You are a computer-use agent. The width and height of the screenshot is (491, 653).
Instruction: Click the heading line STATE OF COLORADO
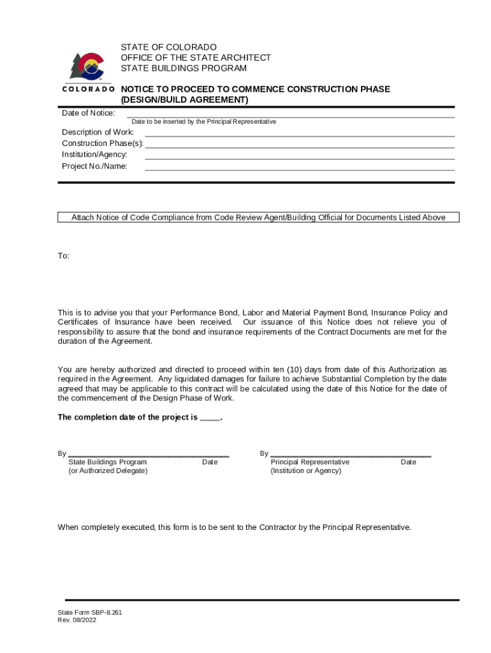(x=169, y=47)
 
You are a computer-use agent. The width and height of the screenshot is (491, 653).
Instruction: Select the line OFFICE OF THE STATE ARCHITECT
(x=196, y=57)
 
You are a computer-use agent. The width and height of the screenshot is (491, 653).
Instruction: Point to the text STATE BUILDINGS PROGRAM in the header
(x=184, y=68)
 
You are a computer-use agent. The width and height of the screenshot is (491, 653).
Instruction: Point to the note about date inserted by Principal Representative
(x=203, y=121)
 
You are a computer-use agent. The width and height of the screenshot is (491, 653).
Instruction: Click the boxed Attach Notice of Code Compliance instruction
(x=258, y=217)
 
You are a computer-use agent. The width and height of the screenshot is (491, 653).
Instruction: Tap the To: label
(x=64, y=256)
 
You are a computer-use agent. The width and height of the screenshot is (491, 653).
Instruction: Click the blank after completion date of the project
(x=210, y=418)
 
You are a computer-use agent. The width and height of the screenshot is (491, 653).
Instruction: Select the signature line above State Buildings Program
(x=148, y=455)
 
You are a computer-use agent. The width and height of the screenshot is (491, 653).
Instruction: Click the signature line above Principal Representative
(x=351, y=455)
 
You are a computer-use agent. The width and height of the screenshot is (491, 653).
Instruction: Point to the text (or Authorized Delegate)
(x=108, y=471)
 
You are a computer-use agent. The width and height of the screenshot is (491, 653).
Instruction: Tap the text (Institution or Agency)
(x=305, y=471)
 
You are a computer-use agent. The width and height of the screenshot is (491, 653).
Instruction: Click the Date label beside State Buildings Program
(x=210, y=462)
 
